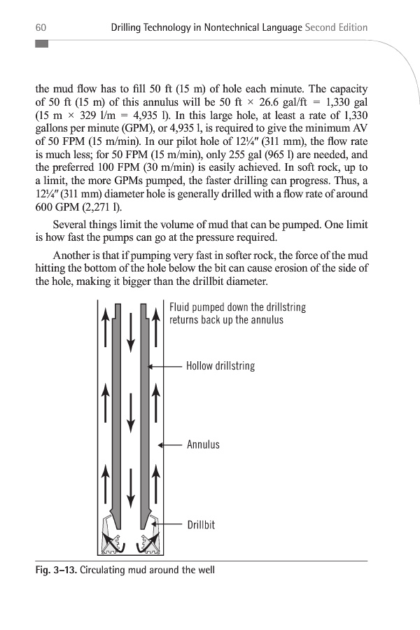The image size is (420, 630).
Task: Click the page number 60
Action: [x=41, y=27]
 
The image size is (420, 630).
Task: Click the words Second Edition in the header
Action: [x=337, y=27]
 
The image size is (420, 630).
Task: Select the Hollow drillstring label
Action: [x=220, y=366]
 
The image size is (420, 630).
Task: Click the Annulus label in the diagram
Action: [x=203, y=444]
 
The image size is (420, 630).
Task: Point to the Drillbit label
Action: [x=200, y=524]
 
